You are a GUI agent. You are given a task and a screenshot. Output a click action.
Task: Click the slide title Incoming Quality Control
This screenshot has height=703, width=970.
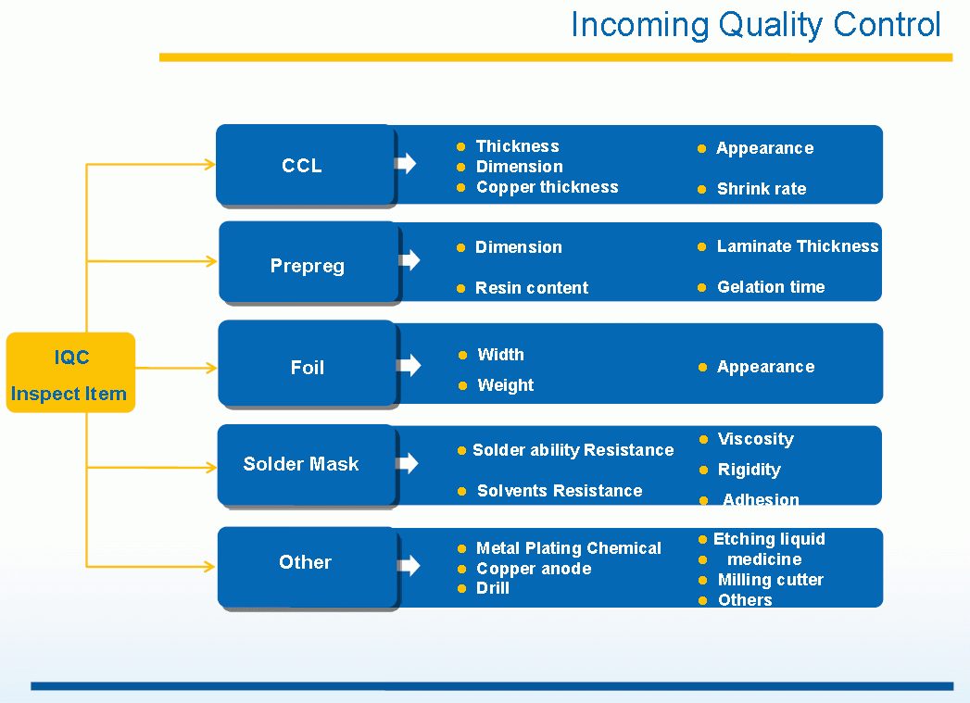pos(755,25)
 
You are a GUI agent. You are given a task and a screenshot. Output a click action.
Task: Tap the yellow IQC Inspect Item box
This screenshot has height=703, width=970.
pos(70,372)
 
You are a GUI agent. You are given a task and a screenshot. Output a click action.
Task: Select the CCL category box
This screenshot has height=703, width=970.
pos(304,166)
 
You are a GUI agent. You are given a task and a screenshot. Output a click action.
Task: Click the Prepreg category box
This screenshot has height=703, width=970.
pos(308,266)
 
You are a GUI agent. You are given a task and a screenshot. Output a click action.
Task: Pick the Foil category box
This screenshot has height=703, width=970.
pos(308,368)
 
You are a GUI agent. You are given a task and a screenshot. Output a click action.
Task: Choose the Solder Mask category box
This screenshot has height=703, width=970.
pos(301,464)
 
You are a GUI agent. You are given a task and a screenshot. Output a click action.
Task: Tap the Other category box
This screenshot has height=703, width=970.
pos(306,562)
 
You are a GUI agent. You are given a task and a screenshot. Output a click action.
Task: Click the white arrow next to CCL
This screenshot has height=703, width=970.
pos(405,164)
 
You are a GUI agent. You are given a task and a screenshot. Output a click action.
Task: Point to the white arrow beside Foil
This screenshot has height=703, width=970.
pos(409,366)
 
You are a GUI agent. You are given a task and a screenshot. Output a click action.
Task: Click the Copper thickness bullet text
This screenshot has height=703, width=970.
pos(547,187)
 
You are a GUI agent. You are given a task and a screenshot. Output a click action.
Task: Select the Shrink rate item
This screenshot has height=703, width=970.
pos(761,189)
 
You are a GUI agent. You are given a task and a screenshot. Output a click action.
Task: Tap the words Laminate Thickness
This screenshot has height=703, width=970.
pos(797,246)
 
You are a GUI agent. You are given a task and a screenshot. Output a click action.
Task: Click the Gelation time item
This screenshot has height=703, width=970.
pos(770,287)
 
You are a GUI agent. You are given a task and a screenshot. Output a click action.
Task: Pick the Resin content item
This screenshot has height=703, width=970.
pos(531,288)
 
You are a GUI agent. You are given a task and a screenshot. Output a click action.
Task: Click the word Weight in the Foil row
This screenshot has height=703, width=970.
pos(505,385)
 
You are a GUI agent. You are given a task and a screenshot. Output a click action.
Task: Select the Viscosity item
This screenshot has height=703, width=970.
pos(755,439)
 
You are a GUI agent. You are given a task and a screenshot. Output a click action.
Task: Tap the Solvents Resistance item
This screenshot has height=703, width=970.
pos(559,491)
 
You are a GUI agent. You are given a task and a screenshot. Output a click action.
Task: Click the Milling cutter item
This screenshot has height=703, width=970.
pos(770,580)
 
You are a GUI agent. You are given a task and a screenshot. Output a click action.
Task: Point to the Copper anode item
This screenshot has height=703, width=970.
pos(533,569)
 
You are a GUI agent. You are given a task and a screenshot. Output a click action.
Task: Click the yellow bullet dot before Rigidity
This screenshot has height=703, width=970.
pos(703,471)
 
